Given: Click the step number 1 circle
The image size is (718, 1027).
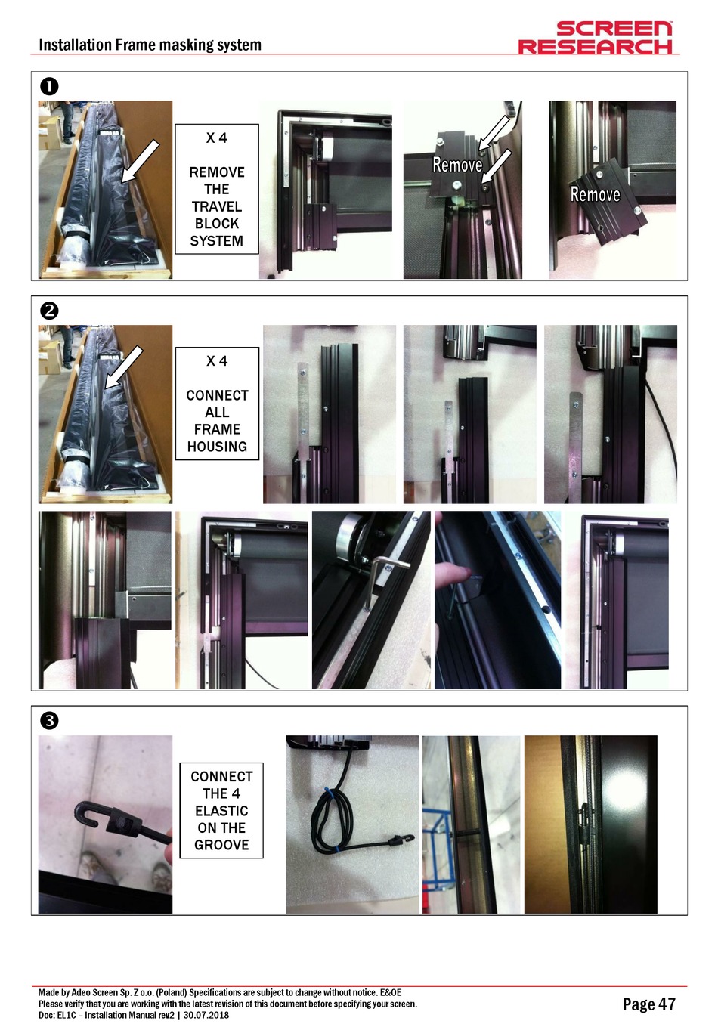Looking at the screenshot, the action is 50,86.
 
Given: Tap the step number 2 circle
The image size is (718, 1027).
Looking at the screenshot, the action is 50,311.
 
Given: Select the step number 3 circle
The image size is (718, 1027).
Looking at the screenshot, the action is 50,721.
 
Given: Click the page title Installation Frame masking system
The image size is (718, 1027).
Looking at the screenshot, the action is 150,45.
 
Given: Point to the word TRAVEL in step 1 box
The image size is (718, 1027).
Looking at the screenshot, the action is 217,206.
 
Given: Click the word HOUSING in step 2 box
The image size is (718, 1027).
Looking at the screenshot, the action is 217,446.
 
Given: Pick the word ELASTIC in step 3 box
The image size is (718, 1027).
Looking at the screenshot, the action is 221,811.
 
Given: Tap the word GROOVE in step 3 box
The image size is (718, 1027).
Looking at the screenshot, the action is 221,845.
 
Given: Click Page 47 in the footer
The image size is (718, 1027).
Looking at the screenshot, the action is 648,1004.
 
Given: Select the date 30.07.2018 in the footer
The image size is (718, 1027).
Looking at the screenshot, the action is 206,1015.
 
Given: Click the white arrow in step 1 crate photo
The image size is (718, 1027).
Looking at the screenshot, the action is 141,162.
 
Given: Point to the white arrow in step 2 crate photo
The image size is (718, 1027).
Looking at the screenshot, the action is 124,368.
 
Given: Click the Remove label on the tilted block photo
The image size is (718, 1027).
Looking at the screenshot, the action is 595,194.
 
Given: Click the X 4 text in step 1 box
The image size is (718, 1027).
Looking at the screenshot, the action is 217,138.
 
